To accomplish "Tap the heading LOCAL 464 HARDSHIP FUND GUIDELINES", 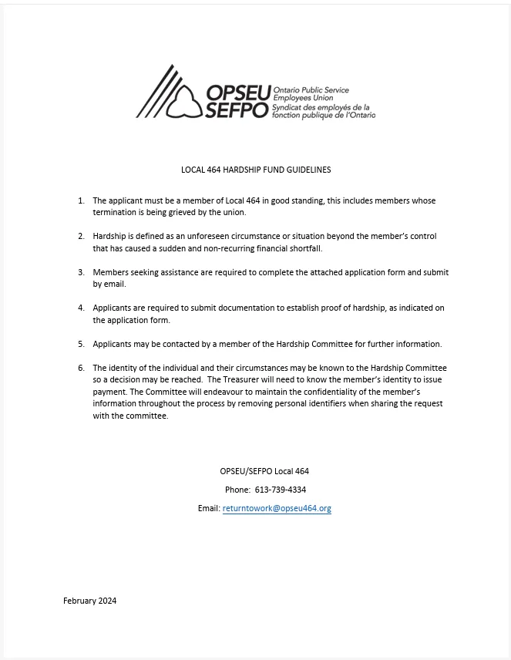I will (x=256, y=170).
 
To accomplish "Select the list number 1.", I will (x=81, y=200).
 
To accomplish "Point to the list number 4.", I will (x=81, y=308).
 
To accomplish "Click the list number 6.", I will (x=81, y=368).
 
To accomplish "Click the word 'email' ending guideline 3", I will (x=114, y=284).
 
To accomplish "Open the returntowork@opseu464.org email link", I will (x=277, y=509).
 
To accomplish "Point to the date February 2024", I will (x=89, y=601).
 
